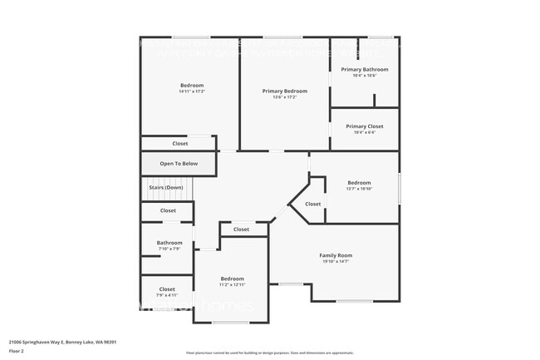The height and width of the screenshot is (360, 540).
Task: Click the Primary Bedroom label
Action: click(x=284, y=91)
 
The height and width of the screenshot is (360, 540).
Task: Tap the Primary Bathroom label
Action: click(x=365, y=69)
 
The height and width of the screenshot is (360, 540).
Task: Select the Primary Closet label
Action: click(x=365, y=126)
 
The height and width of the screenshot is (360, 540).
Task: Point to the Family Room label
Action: click(x=336, y=255)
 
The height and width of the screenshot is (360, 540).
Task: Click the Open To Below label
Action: click(x=179, y=164)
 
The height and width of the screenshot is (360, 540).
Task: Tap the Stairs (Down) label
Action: click(x=165, y=188)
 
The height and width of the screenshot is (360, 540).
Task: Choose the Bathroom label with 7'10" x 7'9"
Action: click(x=169, y=243)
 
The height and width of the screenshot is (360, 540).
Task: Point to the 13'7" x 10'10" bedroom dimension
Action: click(x=359, y=189)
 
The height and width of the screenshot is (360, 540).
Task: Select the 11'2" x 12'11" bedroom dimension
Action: click(x=232, y=284)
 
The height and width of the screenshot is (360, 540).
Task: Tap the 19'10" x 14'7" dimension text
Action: click(x=336, y=262)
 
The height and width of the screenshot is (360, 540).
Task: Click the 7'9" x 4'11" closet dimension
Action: click(x=167, y=295)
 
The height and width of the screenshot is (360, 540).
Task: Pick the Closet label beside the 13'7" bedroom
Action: click(x=312, y=204)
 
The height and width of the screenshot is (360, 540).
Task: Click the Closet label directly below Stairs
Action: click(x=168, y=211)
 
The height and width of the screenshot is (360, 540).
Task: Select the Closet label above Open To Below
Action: click(x=179, y=144)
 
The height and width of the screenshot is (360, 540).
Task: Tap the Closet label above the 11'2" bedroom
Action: click(x=241, y=229)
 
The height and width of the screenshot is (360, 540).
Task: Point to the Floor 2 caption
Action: click(x=17, y=351)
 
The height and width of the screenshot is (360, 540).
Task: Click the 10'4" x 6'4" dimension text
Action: click(x=365, y=132)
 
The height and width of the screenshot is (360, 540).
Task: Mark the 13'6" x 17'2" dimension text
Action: click(x=284, y=97)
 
